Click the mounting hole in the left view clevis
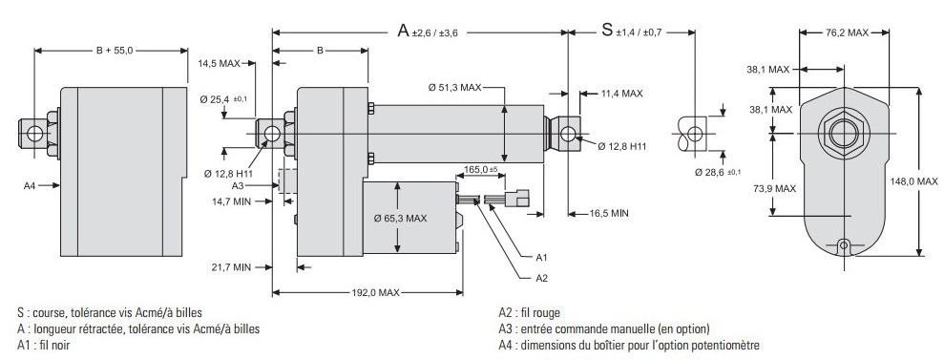point(35,133)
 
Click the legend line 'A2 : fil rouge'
point(529,312)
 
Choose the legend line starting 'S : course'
point(110,312)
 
